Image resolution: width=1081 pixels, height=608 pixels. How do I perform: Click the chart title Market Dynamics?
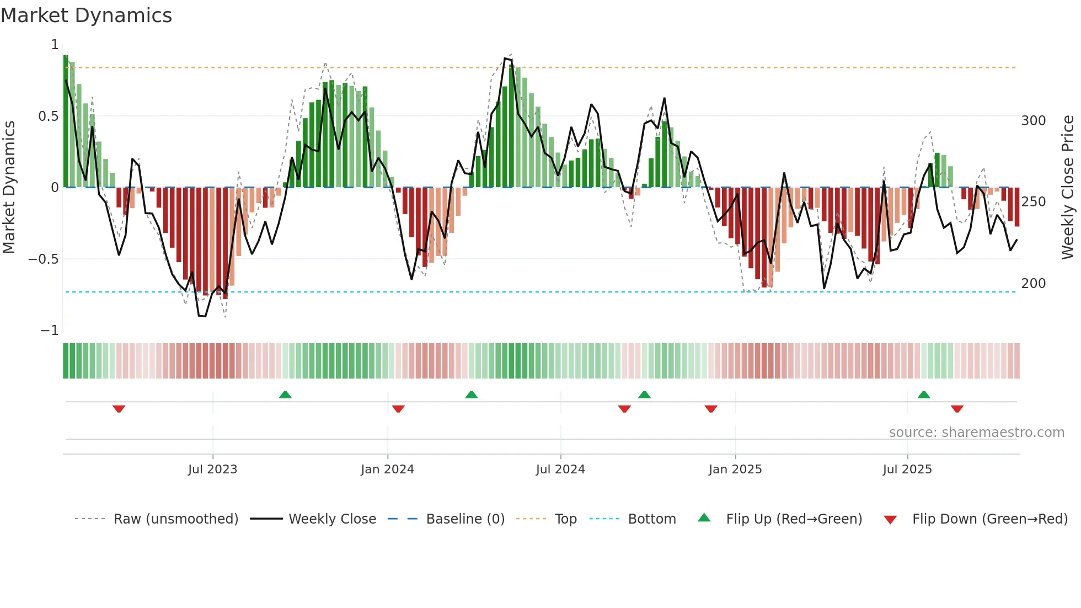point(86,15)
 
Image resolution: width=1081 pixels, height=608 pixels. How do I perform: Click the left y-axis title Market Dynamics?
point(9,187)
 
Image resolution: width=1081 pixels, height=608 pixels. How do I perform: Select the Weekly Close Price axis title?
point(1068,187)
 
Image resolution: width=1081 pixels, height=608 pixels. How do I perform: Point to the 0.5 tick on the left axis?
point(48,116)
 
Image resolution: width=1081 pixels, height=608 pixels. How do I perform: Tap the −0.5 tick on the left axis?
point(44,259)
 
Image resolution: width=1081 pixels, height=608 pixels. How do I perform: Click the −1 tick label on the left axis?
point(49,330)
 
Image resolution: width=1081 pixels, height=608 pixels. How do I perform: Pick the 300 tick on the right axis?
point(1033,121)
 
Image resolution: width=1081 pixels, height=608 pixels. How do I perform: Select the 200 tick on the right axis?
point(1033,284)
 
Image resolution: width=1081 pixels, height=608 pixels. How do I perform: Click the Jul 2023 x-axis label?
point(212,470)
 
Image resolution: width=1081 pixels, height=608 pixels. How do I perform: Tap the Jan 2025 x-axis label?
point(735,470)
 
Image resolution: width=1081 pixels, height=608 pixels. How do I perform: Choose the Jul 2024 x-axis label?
point(560,470)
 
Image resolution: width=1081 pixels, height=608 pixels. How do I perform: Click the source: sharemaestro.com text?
point(976,433)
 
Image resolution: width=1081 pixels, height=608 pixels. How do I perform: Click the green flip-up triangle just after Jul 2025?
point(924,394)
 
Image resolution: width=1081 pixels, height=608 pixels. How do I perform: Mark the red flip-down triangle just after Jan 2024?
point(398,409)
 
